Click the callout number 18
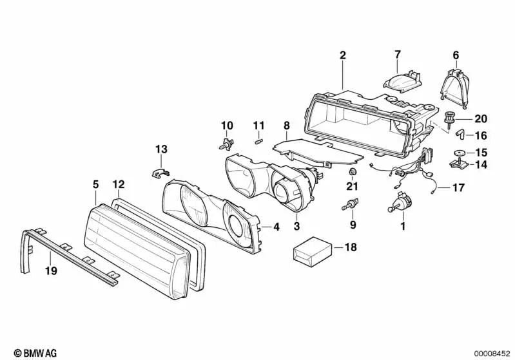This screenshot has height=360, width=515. [x=350, y=247]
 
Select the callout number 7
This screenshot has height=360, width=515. [x=397, y=54]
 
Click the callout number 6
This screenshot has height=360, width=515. [x=456, y=55]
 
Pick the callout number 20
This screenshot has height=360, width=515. [x=481, y=118]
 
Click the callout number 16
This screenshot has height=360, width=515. [x=481, y=136]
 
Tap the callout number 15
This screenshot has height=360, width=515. [x=481, y=153]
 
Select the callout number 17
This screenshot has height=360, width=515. [x=458, y=189]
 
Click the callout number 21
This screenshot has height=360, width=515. [x=351, y=187]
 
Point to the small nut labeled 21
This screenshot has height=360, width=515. [x=352, y=173]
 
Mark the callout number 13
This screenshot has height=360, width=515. [x=160, y=150]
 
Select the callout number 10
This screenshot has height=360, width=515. [x=227, y=124]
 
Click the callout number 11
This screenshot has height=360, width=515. [x=258, y=124]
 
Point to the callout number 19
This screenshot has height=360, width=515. [x=51, y=271]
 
